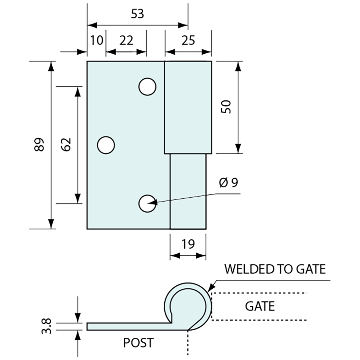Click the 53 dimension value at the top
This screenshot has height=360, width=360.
pos(137,14)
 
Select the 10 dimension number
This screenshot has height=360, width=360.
pos(97,40)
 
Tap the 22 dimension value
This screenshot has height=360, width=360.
pos(126,40)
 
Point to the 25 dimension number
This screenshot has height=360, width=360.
pos(188,40)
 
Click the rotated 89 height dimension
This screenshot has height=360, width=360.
pos(39,144)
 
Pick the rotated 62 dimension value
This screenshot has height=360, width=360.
pos(66,144)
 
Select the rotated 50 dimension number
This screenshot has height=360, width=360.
pos(226,107)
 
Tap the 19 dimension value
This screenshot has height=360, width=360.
pos(188,244)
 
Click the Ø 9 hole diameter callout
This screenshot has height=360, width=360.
pos(228,183)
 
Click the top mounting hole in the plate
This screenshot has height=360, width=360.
pos(147,87)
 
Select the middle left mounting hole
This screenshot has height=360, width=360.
pos(106,145)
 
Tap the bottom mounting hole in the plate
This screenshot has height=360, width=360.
pos(147,204)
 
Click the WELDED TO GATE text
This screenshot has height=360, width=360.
pos(275,269)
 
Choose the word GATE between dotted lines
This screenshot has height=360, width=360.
pos(260,306)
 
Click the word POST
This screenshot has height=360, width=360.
pos(138,343)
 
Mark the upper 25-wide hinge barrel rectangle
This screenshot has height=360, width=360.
pos(188,107)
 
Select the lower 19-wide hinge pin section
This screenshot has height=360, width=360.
pos(188,191)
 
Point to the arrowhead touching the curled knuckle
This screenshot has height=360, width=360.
pos(210,288)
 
